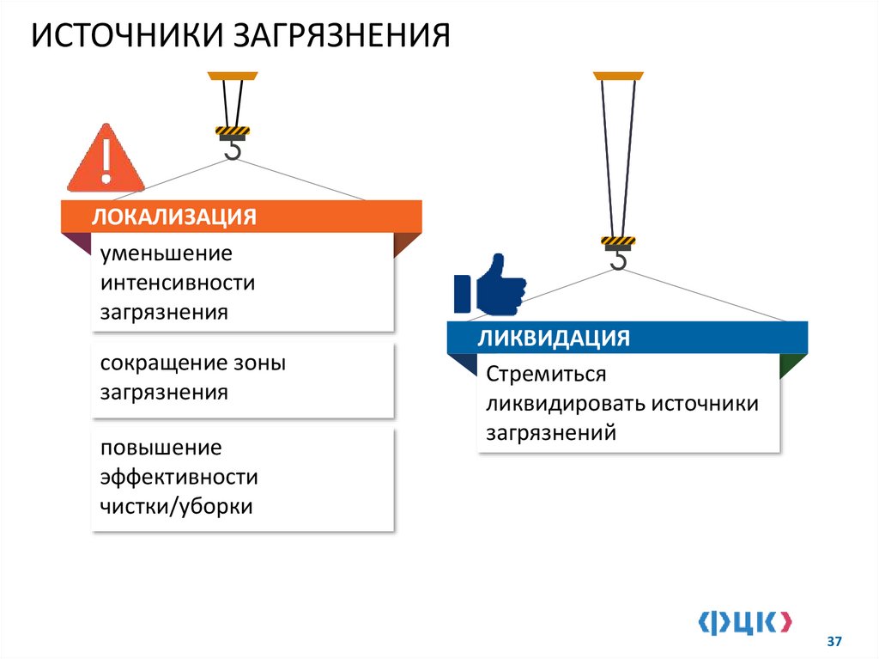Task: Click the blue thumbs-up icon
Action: (490, 284)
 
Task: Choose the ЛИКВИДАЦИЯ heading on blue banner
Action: (554, 337)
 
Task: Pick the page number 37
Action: (834, 642)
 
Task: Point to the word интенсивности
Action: (178, 283)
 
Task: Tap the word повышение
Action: (161, 448)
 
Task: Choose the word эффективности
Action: (179, 477)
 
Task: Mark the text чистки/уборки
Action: (176, 506)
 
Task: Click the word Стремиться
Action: (546, 375)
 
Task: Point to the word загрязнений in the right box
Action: (551, 433)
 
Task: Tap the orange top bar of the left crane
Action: (232, 74)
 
